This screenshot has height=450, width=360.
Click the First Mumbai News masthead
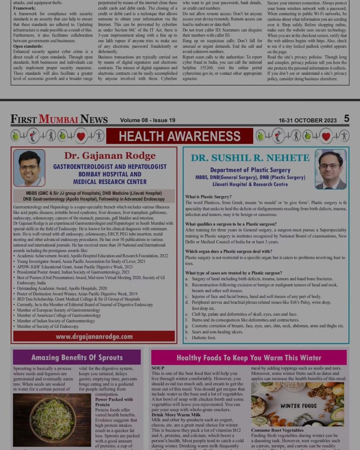tap(59, 119)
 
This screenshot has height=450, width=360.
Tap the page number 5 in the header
tap(347, 119)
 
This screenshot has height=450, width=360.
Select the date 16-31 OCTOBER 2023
tap(308, 120)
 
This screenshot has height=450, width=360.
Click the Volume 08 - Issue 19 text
tap(147, 120)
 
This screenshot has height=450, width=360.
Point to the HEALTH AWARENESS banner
tap(179, 136)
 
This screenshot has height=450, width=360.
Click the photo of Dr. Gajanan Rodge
tap(29, 168)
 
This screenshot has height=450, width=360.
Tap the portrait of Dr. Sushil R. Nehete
tap(330, 169)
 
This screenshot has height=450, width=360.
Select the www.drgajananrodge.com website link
tap(94, 336)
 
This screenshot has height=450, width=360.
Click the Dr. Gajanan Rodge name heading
tap(110, 155)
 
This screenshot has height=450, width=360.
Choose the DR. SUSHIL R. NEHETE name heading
tap(250, 158)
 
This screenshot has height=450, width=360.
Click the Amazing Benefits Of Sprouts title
tap(77, 358)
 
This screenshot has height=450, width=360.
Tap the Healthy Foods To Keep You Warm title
tap(249, 358)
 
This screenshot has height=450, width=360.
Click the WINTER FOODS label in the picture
tap(298, 406)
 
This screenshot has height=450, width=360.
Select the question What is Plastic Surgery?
tap(208, 197)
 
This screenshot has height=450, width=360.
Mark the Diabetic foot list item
tap(203, 338)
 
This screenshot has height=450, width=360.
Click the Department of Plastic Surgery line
tap(250, 170)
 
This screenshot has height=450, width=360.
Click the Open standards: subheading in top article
tap(28, 46)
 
